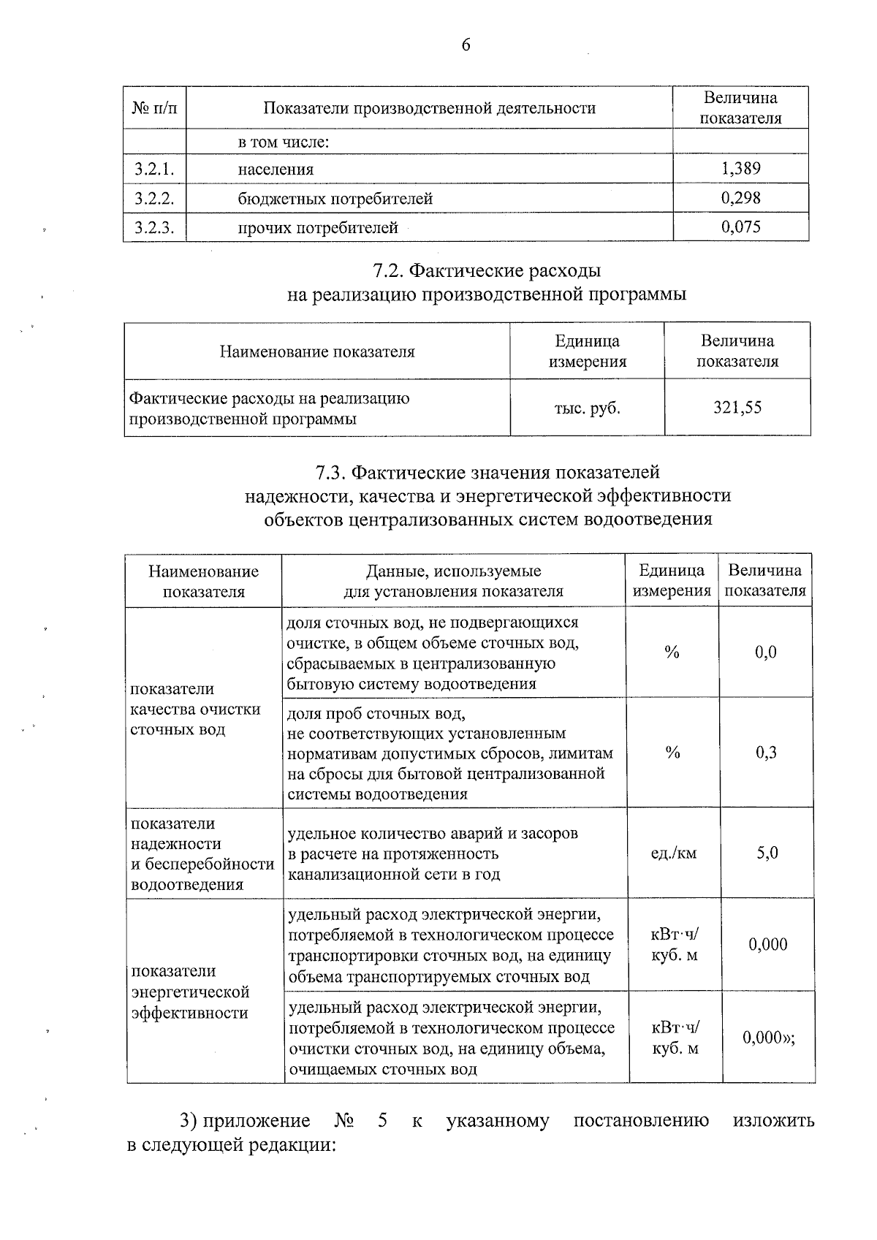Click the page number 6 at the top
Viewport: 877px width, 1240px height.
click(x=466, y=45)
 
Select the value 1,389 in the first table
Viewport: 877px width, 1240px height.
click(x=740, y=169)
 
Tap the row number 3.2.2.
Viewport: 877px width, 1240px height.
click(x=154, y=198)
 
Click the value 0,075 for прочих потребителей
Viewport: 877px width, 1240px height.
click(x=740, y=227)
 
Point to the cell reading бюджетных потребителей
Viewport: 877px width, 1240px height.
click(x=335, y=199)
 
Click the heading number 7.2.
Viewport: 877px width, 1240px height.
click(x=387, y=271)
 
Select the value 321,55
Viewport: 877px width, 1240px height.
click(x=737, y=408)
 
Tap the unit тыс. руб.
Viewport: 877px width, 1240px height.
click(x=587, y=408)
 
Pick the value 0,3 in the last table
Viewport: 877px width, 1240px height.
click(x=766, y=753)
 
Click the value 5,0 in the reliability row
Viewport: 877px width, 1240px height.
click(x=767, y=853)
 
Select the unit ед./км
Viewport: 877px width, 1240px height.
click(x=673, y=853)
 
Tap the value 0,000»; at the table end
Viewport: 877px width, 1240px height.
click(x=769, y=1037)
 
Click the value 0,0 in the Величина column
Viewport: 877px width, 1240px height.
click(x=766, y=653)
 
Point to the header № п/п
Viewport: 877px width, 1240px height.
click(x=154, y=108)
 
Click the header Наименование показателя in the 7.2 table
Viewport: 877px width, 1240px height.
click(x=317, y=351)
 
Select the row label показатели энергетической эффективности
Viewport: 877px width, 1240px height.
click(x=190, y=992)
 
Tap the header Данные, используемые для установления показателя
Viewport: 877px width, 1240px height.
click(x=453, y=581)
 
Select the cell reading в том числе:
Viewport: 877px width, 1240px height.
click(x=284, y=142)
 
